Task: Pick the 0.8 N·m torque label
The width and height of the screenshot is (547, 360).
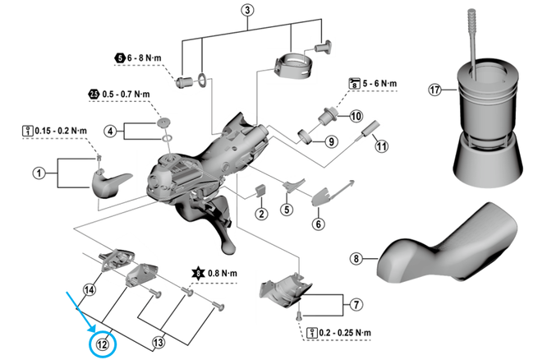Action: pyautogui.click(x=218, y=271)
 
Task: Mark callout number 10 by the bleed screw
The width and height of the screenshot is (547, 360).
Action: pyautogui.click(x=356, y=117)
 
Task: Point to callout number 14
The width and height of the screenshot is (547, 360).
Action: pyautogui.click(x=89, y=289)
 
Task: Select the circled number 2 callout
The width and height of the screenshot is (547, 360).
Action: pyautogui.click(x=260, y=215)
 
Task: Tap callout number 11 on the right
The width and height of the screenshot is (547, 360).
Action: pyautogui.click(x=380, y=147)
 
